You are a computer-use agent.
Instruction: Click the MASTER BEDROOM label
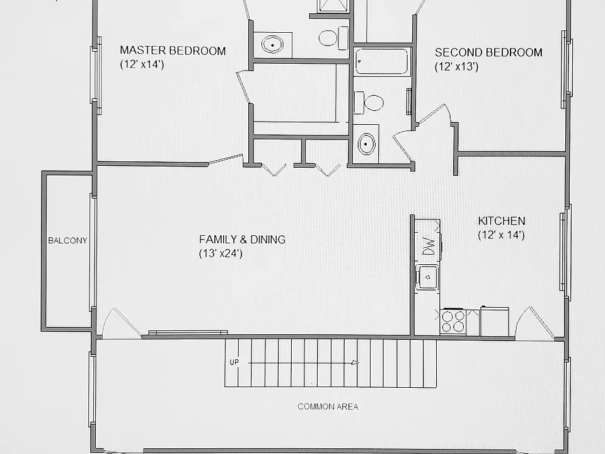point(173,50)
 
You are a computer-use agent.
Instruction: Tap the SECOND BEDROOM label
point(488,52)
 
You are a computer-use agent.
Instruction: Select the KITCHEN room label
point(502,221)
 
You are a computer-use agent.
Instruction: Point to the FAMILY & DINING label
point(242,240)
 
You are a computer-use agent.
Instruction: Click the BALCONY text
point(67,240)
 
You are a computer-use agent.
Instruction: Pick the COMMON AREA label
point(328,407)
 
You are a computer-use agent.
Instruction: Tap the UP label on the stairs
point(234,362)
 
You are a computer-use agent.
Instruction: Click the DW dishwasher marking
point(429,245)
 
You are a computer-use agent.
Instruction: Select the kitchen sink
point(427,277)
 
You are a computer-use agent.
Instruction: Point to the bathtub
point(382,61)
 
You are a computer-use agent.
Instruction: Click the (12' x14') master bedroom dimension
point(142,64)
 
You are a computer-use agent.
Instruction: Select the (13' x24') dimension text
point(221,253)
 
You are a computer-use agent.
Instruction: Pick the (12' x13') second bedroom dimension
point(457,66)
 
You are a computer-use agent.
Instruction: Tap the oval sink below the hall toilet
point(366,144)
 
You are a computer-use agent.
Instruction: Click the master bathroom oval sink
point(272,45)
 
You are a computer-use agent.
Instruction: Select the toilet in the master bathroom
point(333,37)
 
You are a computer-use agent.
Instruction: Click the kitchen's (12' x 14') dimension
point(501,235)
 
